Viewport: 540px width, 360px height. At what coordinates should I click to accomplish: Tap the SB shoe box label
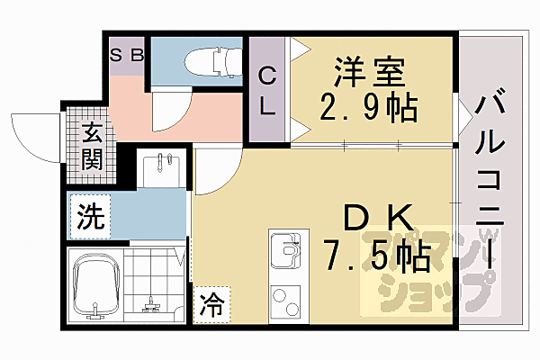click(x=127, y=55)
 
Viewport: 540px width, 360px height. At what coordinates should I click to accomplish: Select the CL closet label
click(x=267, y=90)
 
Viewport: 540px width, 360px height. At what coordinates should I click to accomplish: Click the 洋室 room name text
click(x=368, y=69)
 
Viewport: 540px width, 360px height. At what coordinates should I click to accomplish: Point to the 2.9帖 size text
click(x=369, y=107)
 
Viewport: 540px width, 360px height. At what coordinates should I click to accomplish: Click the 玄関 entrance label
click(x=92, y=148)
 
